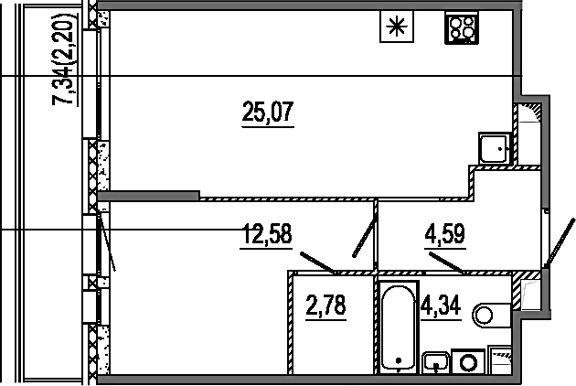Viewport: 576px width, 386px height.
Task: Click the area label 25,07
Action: (268, 112)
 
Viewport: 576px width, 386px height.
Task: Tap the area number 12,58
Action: (266, 234)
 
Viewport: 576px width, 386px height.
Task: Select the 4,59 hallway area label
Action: (445, 233)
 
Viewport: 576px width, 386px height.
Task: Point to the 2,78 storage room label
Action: (325, 306)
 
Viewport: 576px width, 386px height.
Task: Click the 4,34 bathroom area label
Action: (441, 306)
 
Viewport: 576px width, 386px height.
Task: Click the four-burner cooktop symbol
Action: (462, 27)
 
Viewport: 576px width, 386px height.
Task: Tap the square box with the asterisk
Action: (397, 27)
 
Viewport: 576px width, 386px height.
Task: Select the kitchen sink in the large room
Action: (495, 148)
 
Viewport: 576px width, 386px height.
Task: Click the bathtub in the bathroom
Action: (399, 327)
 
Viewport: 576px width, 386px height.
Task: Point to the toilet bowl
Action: (492, 315)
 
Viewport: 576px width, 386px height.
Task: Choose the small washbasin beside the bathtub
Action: (436, 362)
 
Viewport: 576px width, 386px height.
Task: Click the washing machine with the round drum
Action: (468, 361)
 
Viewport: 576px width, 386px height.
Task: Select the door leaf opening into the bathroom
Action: (447, 263)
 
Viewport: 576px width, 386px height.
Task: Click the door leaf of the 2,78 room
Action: (318, 263)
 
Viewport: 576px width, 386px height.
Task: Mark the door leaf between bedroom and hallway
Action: (365, 239)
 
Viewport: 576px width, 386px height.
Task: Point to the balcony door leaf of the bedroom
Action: (107, 243)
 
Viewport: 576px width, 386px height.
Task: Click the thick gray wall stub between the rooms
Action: (148, 196)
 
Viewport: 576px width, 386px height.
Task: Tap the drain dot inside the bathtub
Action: (399, 360)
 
